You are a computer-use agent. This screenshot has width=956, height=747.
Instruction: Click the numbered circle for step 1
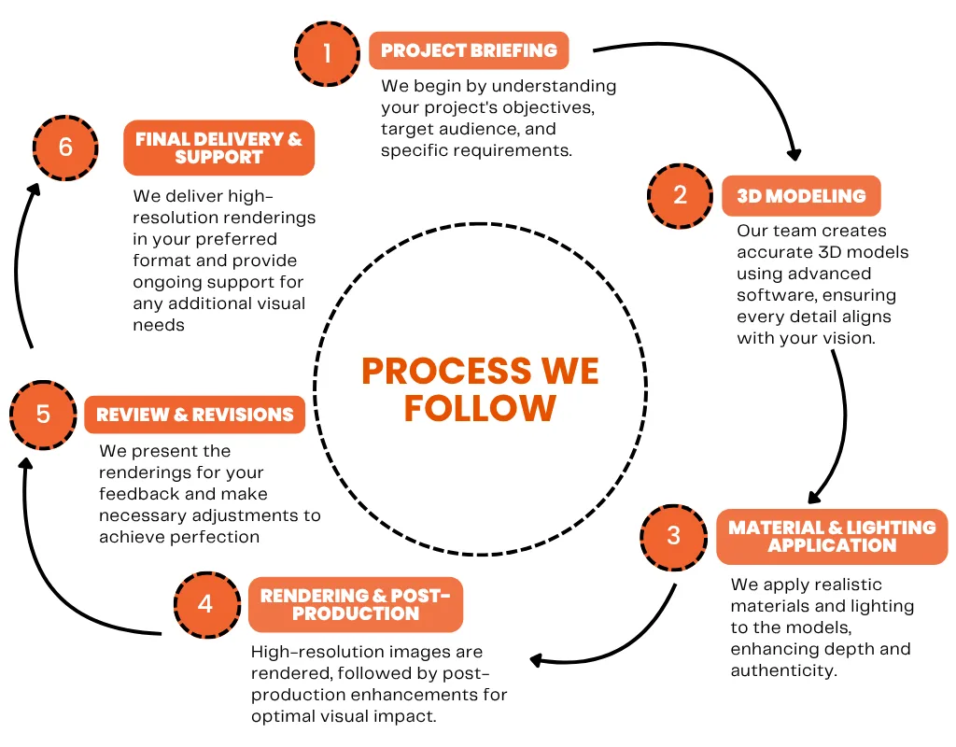pyautogui.click(x=327, y=52)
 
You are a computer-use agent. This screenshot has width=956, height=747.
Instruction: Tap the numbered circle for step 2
pyautogui.click(x=681, y=194)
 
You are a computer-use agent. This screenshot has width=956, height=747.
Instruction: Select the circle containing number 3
pyautogui.click(x=674, y=536)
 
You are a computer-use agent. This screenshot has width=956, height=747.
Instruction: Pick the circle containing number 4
pyautogui.click(x=205, y=603)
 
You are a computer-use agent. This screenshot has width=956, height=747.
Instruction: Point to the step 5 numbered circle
pyautogui.click(x=43, y=414)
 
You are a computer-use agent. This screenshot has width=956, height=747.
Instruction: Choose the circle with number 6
pyautogui.click(x=65, y=147)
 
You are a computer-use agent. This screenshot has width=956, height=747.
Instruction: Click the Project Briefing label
pyautogui.click(x=469, y=50)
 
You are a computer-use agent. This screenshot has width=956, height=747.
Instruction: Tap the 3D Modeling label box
pyautogui.click(x=801, y=196)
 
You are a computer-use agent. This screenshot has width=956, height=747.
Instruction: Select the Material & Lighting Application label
pyautogui.click(x=832, y=536)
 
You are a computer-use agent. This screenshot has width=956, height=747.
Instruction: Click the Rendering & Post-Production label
pyautogui.click(x=355, y=604)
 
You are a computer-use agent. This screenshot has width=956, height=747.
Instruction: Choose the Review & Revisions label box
pyautogui.click(x=195, y=415)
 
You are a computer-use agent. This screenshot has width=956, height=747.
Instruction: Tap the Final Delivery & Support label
pyautogui.click(x=218, y=148)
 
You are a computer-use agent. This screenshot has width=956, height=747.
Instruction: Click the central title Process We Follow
pyautogui.click(x=480, y=388)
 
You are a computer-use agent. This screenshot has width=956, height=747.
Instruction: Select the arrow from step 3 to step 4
pyautogui.click(x=635, y=644)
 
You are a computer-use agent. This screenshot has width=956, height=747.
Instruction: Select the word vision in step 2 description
pyautogui.click(x=849, y=338)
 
